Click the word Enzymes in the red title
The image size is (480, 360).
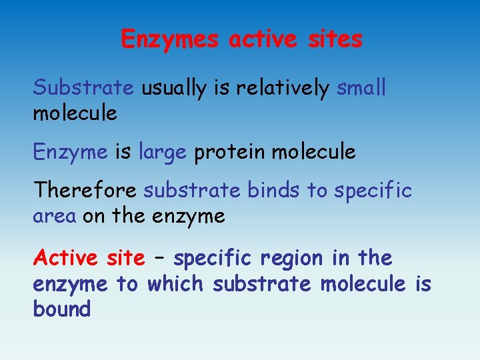(x=170, y=39)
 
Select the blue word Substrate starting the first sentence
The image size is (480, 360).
(x=83, y=87)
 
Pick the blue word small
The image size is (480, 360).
(x=361, y=87)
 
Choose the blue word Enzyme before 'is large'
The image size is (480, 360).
(x=70, y=153)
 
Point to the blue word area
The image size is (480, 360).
(x=55, y=217)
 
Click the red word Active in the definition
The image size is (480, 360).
(x=66, y=257)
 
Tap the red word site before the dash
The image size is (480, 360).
(x=125, y=257)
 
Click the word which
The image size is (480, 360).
(x=175, y=284)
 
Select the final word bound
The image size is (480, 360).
(x=61, y=309)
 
